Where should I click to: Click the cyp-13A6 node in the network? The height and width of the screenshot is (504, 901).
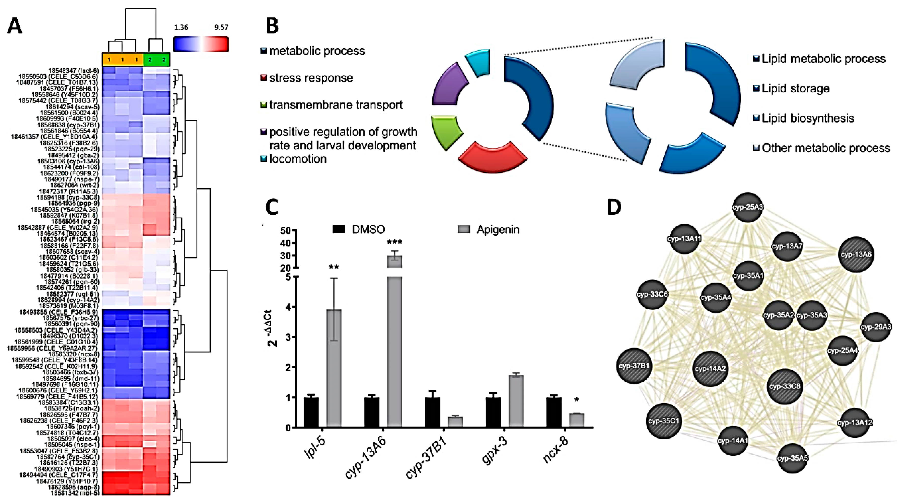click(x=856, y=255)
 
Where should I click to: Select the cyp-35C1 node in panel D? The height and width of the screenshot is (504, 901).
click(x=664, y=421)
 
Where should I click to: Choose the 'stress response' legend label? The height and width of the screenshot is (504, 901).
click(x=311, y=78)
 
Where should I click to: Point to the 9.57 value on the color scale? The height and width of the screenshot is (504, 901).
click(x=221, y=28)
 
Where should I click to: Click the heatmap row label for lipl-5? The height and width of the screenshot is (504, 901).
click(x=75, y=493)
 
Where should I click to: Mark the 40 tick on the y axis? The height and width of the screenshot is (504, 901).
click(x=286, y=243)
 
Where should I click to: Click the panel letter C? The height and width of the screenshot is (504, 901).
click(x=272, y=207)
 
